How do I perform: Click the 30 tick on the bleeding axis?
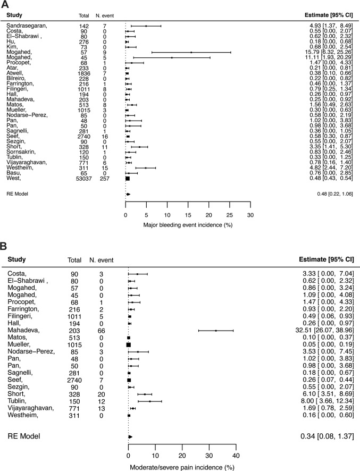tap(250, 215)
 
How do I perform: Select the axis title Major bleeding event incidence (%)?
tap(188, 225)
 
